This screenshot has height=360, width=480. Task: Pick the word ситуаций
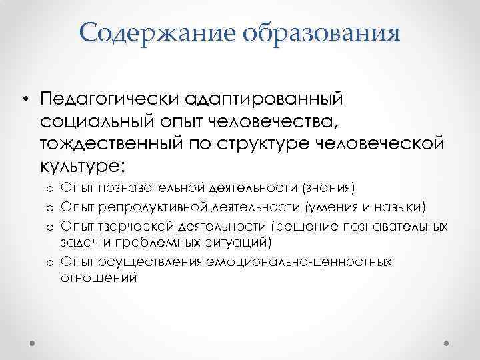click(x=227, y=242)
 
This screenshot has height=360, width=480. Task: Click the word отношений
click(x=99, y=277)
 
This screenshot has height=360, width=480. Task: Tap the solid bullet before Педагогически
click(x=25, y=99)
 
